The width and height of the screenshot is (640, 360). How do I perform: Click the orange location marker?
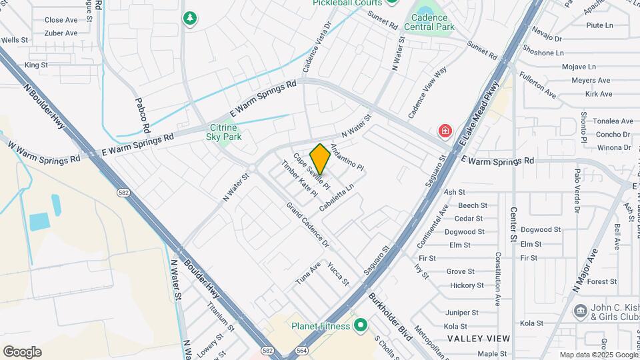point(320,159)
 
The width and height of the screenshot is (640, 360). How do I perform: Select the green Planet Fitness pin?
point(361,325)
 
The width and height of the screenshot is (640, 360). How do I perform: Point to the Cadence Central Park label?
point(433,22)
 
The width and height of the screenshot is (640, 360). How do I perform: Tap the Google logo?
point(22,352)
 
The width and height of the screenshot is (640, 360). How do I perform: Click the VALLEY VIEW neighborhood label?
point(478,339)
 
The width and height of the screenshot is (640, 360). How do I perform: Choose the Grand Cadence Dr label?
point(307,224)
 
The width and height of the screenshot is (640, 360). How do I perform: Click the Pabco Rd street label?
point(141,114)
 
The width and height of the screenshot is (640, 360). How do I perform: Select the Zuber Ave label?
point(61,33)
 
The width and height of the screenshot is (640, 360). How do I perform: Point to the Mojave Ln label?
point(579,67)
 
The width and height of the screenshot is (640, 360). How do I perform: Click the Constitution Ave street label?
point(497,279)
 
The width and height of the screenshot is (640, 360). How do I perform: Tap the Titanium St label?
point(220,316)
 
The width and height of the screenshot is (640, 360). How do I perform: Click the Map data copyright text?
point(599,355)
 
